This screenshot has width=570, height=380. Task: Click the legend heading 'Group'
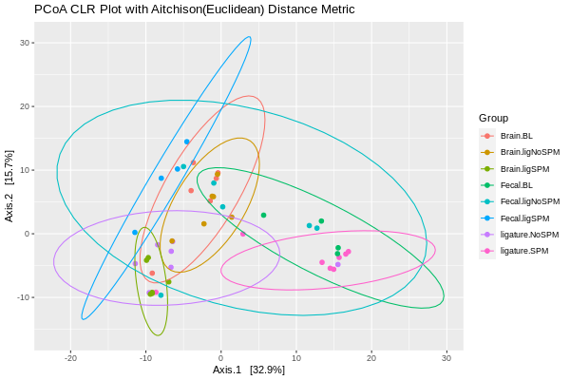tap(493, 118)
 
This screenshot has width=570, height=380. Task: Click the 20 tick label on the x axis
tap(371, 357)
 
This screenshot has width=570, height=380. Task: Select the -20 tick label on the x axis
tap(70, 357)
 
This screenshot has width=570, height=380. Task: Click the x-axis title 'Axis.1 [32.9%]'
tap(249, 370)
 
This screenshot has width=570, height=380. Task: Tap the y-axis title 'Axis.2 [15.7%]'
tap(9, 186)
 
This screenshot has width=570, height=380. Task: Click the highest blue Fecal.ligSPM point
tap(187, 142)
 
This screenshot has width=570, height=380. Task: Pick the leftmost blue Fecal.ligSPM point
tap(135, 232)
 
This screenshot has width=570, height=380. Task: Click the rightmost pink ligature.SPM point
tap(349, 252)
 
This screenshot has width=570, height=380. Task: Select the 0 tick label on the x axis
tap(221, 357)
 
